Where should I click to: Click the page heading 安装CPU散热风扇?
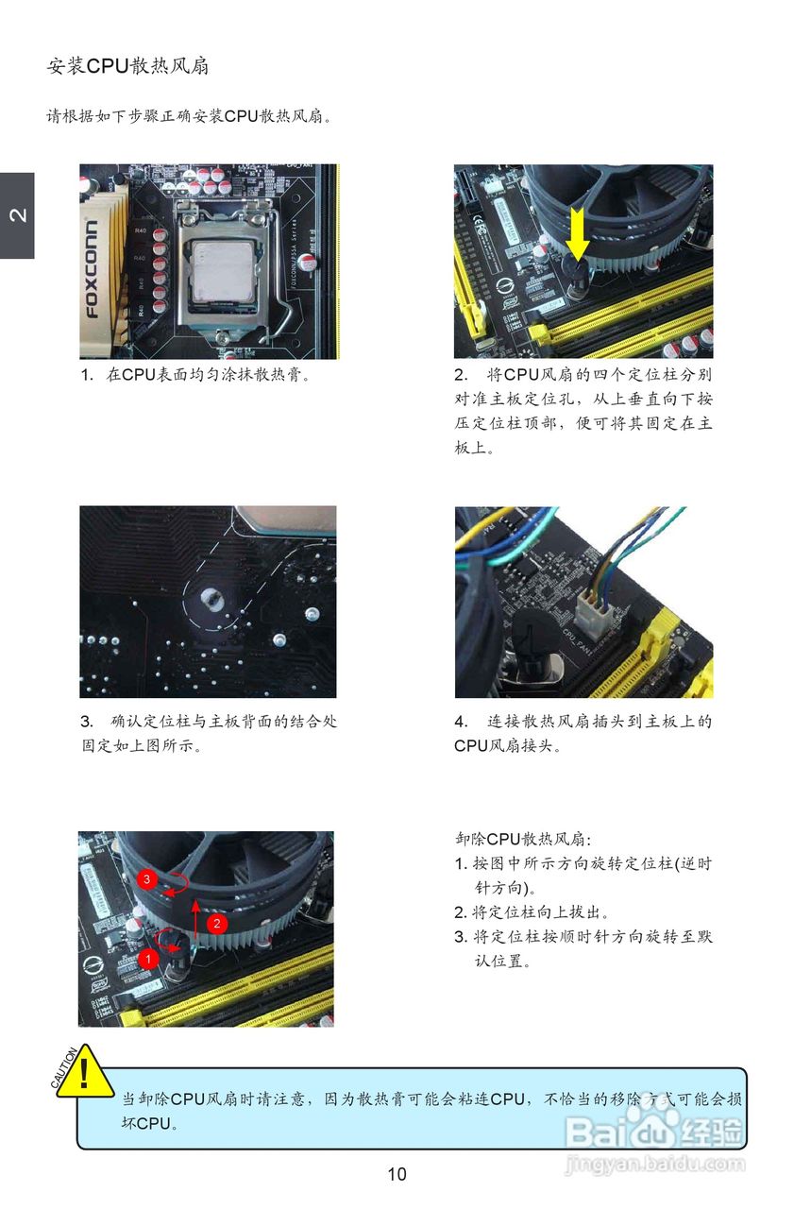(127, 66)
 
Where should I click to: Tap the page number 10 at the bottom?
(397, 1174)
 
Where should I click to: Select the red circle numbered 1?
(148, 959)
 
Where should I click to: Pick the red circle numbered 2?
(217, 923)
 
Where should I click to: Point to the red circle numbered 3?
(146, 879)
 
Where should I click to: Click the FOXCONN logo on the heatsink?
(92, 268)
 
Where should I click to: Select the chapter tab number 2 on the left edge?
(18, 214)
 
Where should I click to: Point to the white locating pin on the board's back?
(210, 598)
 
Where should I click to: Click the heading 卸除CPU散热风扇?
(523, 839)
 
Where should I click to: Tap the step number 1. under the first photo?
(88, 375)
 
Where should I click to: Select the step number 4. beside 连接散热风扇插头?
(461, 721)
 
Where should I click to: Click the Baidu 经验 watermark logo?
(654, 1132)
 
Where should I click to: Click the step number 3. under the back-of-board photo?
(87, 721)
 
